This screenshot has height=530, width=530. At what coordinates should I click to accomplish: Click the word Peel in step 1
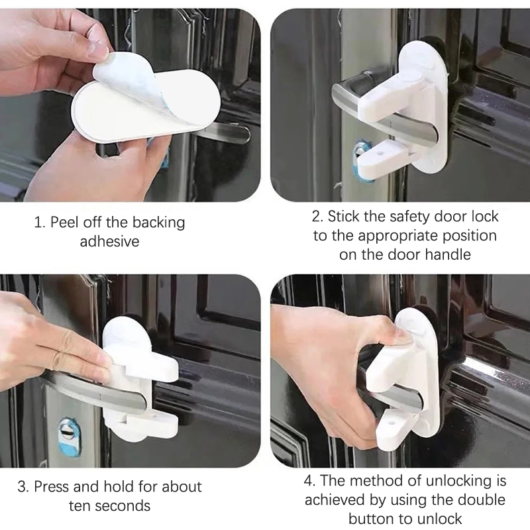point(64,223)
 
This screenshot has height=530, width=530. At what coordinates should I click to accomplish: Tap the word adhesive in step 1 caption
point(109,241)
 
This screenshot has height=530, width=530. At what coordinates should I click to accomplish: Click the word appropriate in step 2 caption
point(400,236)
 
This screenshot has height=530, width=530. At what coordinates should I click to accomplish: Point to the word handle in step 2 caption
point(448,254)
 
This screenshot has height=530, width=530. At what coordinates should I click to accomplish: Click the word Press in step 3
point(52,487)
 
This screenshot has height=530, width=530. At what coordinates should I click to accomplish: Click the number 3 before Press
point(22,487)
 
